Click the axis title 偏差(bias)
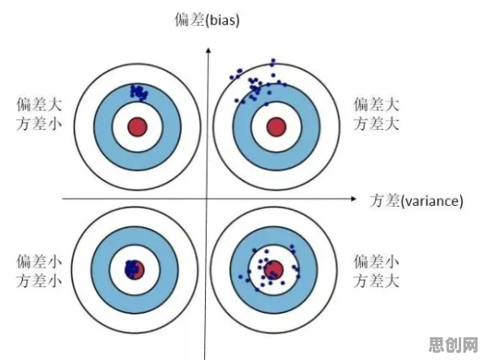coord(207,19)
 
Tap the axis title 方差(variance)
coord(417,200)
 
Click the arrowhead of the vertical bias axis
coord(208,50)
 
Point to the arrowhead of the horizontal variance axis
coord(353,199)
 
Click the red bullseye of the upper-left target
coord(138,126)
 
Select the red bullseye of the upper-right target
coord(276,126)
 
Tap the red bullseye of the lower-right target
coord(274,270)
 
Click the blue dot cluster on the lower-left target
coord(132,268)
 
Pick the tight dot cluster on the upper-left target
coord(139,92)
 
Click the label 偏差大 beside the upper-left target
coord(39,105)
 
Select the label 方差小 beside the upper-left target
coord(39,124)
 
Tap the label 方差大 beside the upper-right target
coord(376,124)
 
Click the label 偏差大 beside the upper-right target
coord(376,105)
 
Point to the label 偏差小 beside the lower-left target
coord(39,262)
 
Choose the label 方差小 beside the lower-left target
coord(39,281)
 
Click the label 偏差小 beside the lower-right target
coord(376,262)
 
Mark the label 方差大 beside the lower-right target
coord(376,281)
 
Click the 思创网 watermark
coord(454,345)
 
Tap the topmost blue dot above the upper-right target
coord(273,61)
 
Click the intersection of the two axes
coord(207,199)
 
